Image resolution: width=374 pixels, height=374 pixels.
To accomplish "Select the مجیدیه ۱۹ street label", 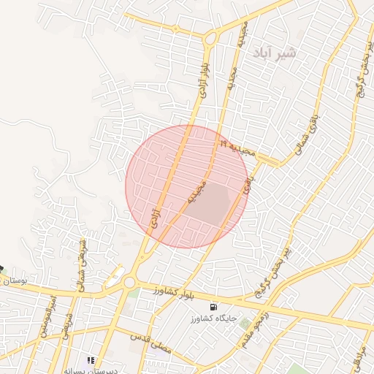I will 236,148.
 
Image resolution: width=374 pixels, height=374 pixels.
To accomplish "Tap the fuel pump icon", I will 213,307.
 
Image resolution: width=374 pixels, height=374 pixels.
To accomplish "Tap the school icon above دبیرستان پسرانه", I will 91,359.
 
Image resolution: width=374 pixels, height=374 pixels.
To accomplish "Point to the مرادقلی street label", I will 360,358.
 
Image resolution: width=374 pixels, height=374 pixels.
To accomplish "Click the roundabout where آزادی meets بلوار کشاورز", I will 130,281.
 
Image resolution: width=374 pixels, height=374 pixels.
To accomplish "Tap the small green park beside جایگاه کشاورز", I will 245,322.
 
